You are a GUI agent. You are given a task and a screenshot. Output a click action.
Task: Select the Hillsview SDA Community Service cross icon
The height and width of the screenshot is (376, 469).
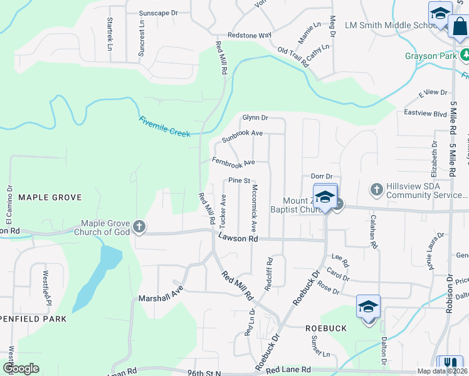(x=376, y=189)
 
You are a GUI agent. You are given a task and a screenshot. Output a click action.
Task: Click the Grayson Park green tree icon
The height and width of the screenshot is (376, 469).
(x=465, y=56)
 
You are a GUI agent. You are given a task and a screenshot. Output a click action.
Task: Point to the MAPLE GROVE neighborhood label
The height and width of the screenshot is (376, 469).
(x=50, y=197)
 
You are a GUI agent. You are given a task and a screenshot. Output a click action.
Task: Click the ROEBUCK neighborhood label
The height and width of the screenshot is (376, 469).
(x=326, y=328)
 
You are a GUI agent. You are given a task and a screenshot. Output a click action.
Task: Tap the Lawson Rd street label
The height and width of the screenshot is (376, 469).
(x=238, y=238)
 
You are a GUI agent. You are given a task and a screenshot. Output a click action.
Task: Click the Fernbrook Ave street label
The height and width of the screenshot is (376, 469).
(x=233, y=162)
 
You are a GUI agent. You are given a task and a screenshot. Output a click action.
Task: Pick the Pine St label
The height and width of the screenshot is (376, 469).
(x=239, y=180)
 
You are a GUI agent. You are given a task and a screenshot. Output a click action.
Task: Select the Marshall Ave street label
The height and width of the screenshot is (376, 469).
(x=160, y=291)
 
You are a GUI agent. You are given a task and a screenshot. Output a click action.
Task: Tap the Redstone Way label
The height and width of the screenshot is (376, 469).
(x=250, y=35)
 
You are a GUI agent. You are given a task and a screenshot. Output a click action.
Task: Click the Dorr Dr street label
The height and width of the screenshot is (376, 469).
(x=321, y=177)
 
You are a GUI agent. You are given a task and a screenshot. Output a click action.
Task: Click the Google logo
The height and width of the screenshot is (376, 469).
(x=21, y=368)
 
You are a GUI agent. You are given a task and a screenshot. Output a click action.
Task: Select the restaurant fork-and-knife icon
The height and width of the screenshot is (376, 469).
(x=448, y=363)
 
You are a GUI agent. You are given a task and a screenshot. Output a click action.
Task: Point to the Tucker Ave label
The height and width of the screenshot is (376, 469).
(x=223, y=211)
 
